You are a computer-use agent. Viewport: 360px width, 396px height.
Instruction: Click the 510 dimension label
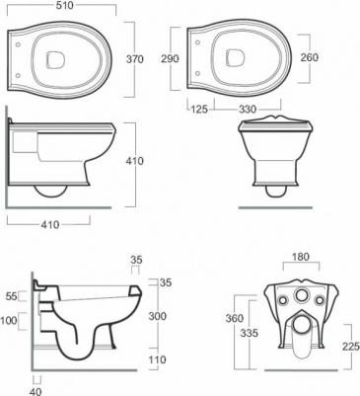[65, 5]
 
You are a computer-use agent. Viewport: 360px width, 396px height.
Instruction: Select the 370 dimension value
[135, 59]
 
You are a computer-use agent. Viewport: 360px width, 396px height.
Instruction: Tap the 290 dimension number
[170, 58]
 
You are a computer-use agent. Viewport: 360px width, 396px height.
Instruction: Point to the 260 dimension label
[310, 57]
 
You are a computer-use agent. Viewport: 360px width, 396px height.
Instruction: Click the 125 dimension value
[199, 109]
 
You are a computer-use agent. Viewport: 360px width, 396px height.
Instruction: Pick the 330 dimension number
[248, 109]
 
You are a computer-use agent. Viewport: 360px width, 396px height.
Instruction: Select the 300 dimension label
[158, 316]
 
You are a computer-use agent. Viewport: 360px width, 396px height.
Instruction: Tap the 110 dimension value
[158, 359]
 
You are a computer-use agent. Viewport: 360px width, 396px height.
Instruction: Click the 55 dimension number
[12, 296]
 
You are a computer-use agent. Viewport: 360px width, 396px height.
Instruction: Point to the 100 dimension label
[9, 320]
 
